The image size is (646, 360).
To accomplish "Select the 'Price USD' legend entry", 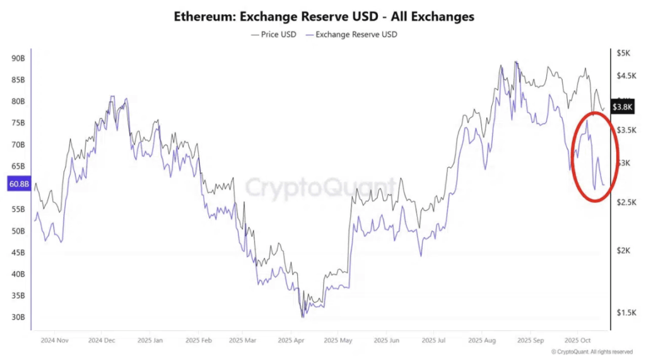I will pos(273,34).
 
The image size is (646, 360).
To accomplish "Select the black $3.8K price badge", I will pos(622,107).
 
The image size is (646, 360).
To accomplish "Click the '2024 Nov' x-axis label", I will pos(54,339).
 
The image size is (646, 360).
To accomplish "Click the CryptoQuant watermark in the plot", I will pos(320,187).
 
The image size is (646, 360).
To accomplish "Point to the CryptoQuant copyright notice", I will pos(591,352).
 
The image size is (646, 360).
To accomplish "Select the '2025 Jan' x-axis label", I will pos(150,339).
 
